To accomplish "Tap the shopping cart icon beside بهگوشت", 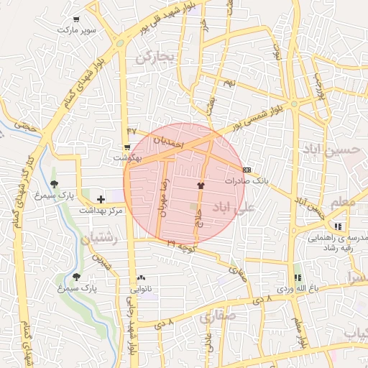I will [x=127, y=147].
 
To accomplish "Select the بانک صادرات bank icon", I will [x=247, y=170].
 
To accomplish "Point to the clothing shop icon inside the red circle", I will [x=200, y=185].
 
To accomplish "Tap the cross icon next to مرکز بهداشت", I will [x=100, y=198].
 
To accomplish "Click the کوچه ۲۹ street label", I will [x=182, y=246].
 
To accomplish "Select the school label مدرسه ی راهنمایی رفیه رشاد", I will [x=339, y=241].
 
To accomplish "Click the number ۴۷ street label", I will [x=132, y=130].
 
